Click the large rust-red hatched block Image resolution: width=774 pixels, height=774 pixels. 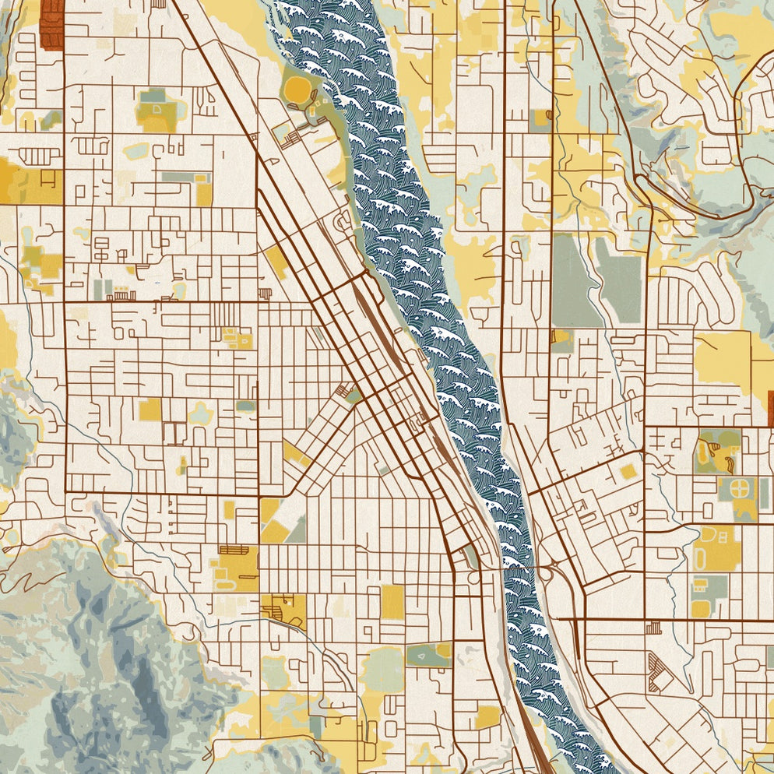click(x=51, y=23)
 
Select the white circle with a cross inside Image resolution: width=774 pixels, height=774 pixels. click(x=741, y=489)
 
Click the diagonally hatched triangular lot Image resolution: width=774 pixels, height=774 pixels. click(x=660, y=671)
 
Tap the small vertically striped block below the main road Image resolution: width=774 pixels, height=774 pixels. click(x=653, y=627)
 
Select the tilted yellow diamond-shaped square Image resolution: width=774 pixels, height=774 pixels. click(x=628, y=471)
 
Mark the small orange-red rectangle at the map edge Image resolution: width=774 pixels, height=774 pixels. click(x=769, y=409)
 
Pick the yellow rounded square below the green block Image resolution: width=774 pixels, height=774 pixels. click(x=700, y=608)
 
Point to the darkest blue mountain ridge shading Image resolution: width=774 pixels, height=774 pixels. click(x=136, y=662)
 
